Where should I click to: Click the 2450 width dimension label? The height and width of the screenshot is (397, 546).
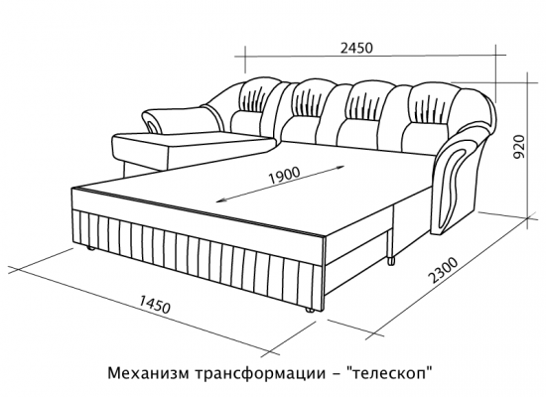click(356, 48)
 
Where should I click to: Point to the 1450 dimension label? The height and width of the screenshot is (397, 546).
click(155, 304)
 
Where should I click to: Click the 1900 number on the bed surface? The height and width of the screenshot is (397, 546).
click(285, 176)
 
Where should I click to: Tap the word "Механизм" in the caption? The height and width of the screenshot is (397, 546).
click(148, 373)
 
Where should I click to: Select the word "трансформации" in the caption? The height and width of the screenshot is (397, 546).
click(257, 375)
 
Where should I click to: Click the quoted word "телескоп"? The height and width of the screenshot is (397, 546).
click(392, 373)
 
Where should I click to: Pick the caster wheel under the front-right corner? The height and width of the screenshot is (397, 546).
click(309, 311)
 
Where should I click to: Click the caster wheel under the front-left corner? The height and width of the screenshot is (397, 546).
click(89, 248)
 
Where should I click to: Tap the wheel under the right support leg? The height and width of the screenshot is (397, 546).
click(391, 260)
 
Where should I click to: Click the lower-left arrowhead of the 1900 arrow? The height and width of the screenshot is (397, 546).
click(220, 200)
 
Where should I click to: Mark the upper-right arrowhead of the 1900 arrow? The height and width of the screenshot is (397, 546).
click(340, 167)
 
